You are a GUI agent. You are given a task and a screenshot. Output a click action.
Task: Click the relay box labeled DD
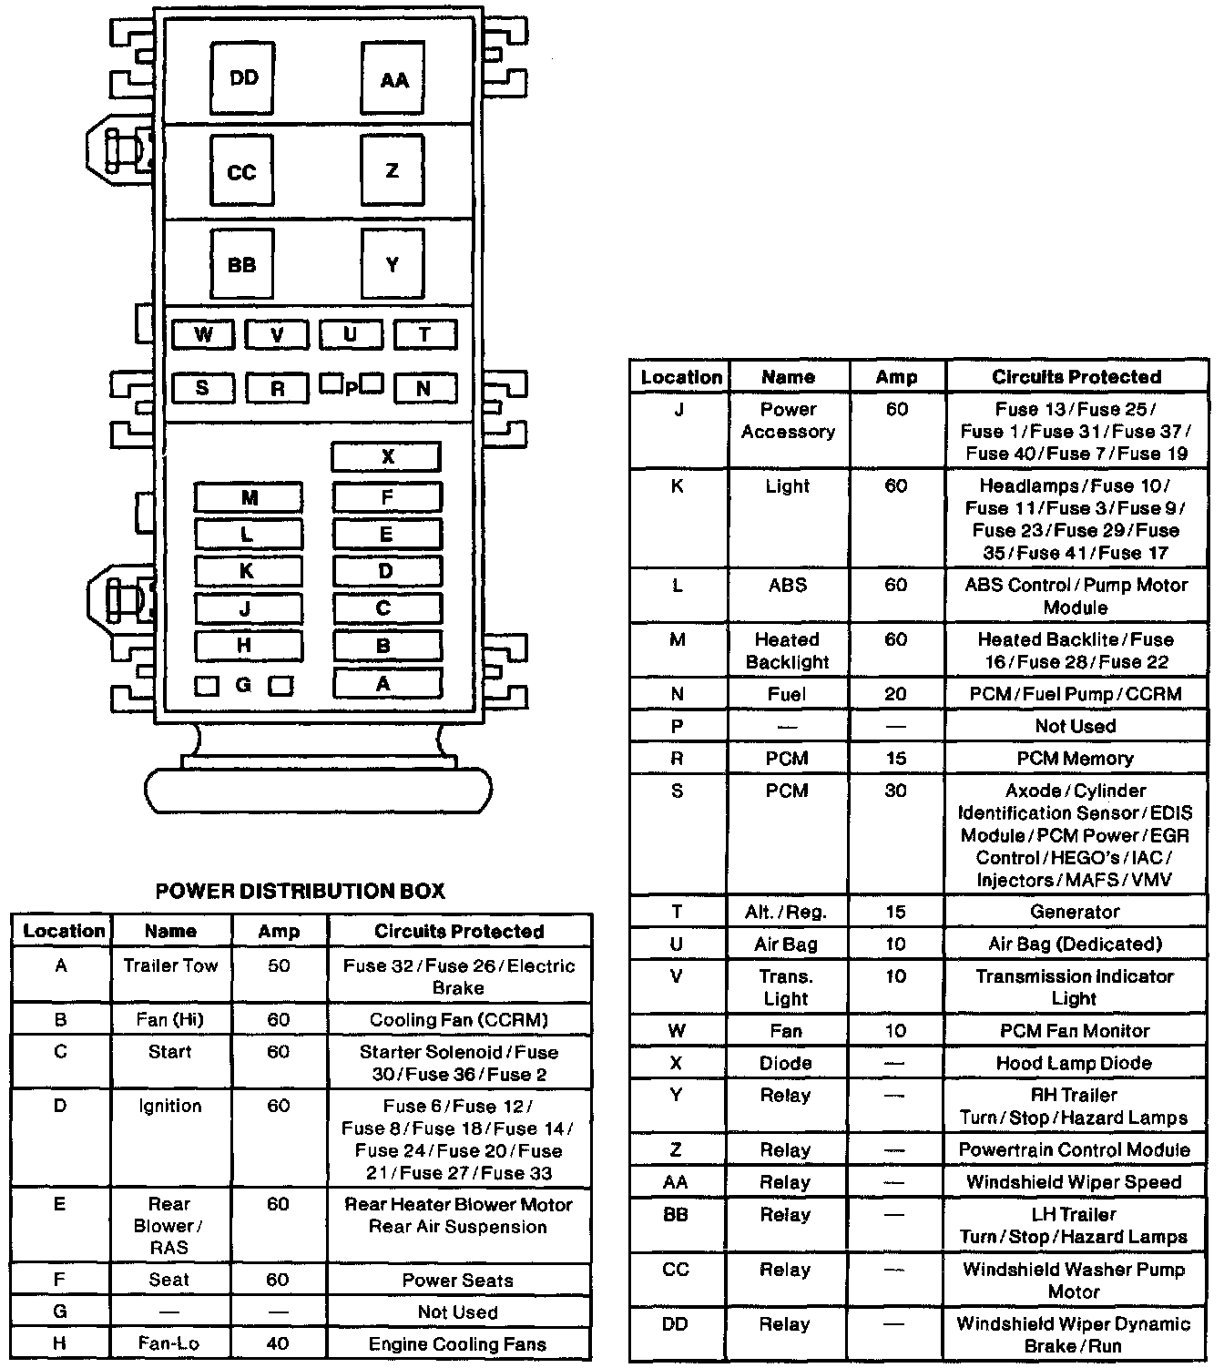tap(242, 78)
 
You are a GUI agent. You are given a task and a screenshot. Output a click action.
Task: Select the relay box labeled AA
tap(393, 80)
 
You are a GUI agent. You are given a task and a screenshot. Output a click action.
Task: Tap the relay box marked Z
tap(392, 171)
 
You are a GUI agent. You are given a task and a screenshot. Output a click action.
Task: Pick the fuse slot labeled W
tap(203, 335)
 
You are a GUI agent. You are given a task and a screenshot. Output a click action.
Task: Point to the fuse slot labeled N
tap(424, 389)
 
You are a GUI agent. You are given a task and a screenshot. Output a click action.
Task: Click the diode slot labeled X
tap(386, 457)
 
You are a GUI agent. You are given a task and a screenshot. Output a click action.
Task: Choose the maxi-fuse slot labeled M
tap(249, 498)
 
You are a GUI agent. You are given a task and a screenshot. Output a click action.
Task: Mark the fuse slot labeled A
tap(386, 684)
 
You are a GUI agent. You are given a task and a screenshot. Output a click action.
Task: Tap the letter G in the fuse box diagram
tap(243, 685)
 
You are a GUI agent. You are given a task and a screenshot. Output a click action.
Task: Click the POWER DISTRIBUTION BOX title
tap(301, 891)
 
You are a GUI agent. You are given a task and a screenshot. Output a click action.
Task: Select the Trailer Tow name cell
tap(170, 965)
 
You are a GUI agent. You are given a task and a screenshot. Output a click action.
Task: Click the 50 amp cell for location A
tap(279, 965)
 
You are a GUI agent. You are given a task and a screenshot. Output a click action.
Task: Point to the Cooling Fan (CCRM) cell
tap(458, 1020)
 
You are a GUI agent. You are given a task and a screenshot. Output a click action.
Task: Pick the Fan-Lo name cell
tap(169, 1343)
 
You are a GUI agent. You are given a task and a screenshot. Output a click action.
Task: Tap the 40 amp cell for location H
tap(279, 1343)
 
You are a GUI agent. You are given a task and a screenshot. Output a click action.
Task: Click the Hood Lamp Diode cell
tap(1075, 1063)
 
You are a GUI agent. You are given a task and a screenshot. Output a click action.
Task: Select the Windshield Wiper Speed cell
tap(1075, 1182)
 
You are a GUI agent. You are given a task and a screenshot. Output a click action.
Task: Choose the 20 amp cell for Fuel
tap(896, 694)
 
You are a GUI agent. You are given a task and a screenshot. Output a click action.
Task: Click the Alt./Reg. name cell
tap(786, 912)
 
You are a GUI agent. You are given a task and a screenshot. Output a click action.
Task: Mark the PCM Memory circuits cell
tap(1075, 759)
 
